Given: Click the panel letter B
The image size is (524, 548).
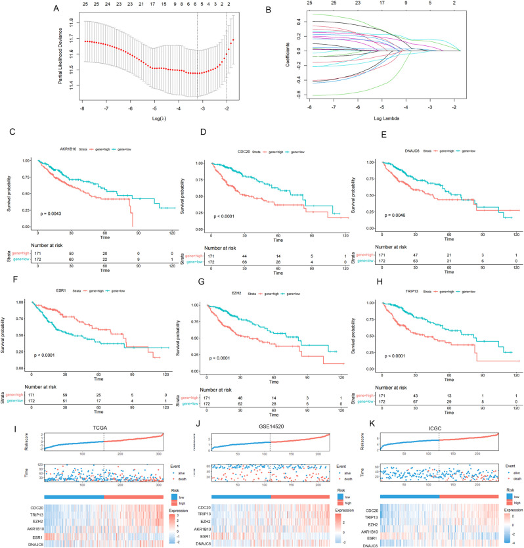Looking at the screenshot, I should pos(265,9).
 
